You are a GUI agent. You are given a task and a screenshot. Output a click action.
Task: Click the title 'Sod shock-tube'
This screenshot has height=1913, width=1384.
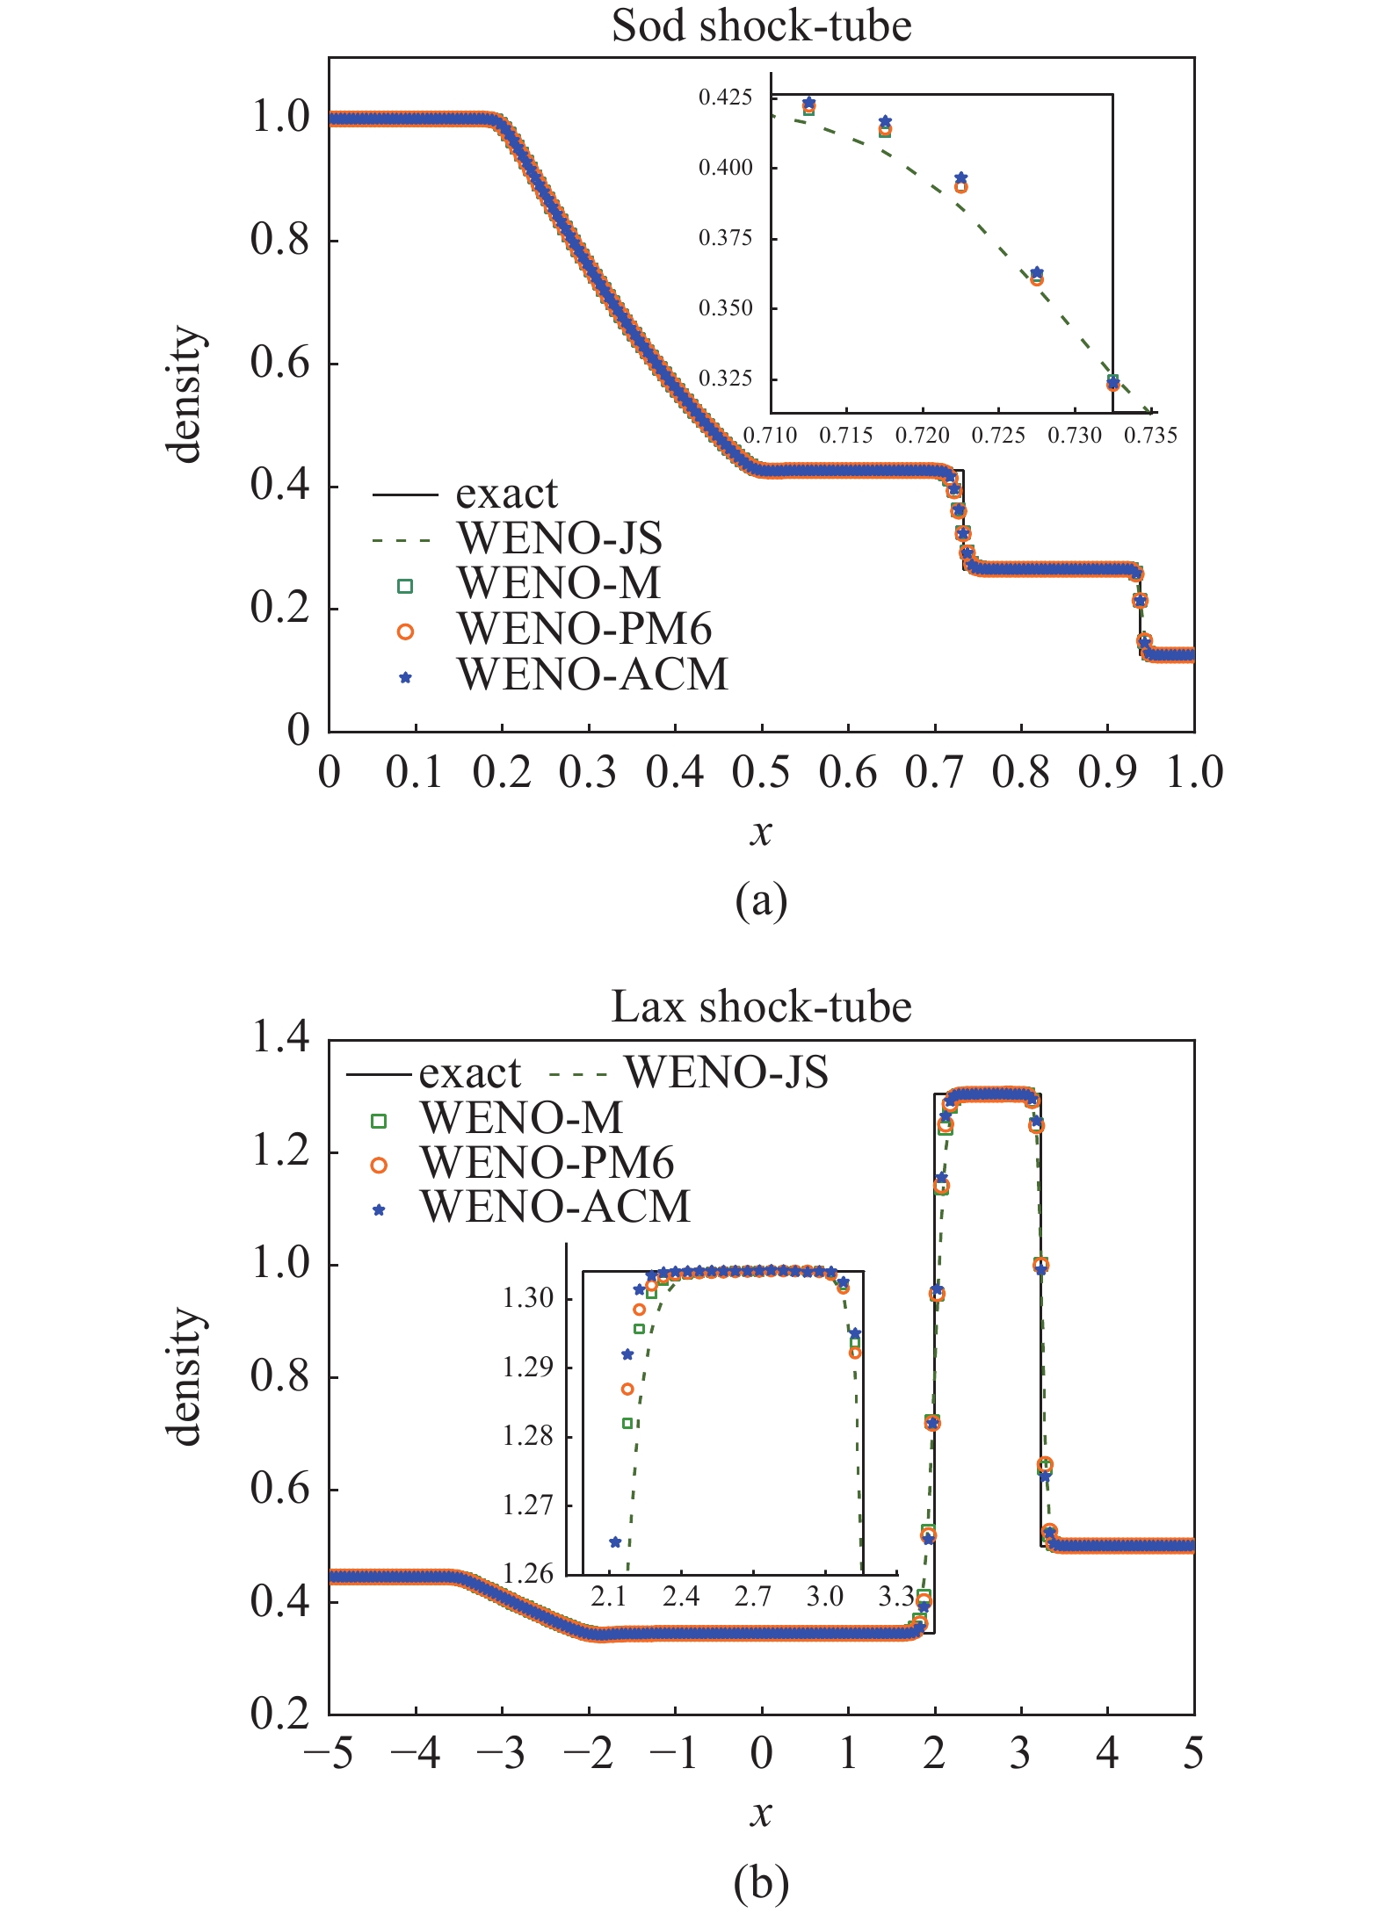click(761, 26)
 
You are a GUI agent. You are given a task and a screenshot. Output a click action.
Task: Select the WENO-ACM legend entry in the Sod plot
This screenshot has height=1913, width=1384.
click(592, 675)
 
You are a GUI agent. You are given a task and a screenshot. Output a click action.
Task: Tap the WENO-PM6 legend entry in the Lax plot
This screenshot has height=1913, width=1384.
click(547, 1163)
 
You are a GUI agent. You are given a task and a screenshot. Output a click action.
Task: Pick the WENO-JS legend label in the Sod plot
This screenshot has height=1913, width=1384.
click(560, 538)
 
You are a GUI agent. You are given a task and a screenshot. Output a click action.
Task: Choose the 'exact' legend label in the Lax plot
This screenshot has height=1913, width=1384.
click(469, 1073)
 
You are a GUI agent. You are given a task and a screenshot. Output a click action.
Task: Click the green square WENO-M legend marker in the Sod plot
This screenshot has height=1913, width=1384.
click(405, 585)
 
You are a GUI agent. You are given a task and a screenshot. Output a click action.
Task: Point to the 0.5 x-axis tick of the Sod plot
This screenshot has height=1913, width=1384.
click(761, 773)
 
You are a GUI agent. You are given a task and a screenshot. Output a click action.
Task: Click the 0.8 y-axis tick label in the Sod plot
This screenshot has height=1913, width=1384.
click(280, 240)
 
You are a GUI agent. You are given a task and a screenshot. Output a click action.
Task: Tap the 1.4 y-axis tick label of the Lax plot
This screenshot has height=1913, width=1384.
click(280, 1038)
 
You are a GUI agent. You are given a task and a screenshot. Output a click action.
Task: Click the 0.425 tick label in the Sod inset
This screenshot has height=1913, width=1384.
click(725, 97)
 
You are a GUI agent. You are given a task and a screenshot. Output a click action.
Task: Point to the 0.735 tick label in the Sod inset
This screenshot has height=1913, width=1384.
click(1150, 436)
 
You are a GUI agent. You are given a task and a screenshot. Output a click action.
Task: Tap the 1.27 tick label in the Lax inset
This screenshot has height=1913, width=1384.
click(527, 1505)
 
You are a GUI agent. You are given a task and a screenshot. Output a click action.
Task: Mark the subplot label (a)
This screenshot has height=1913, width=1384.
click(761, 901)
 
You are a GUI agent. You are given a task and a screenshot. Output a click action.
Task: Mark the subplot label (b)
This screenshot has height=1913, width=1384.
click(761, 1882)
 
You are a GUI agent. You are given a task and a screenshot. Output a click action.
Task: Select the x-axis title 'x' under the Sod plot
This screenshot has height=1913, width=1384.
click(761, 831)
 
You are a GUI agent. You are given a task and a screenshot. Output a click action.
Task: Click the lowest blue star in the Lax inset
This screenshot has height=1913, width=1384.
click(615, 1542)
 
